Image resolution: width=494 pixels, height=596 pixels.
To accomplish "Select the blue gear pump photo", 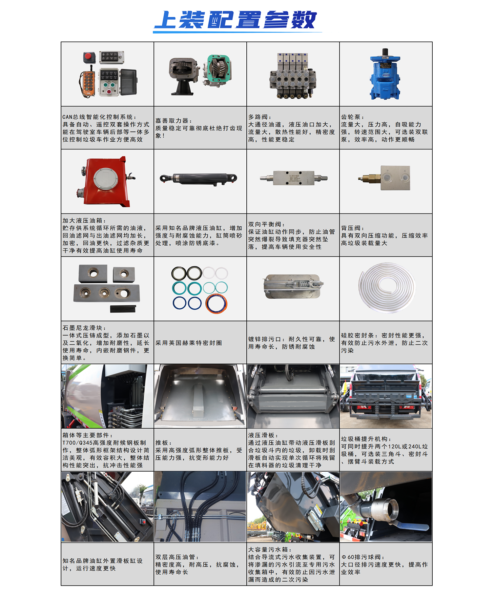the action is tap(385, 74).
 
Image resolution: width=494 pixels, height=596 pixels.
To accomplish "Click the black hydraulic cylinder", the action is tap(198, 179).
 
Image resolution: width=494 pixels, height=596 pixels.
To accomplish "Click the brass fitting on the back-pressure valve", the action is tap(369, 178).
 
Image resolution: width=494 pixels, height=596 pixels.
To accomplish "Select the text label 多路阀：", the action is tap(260, 117).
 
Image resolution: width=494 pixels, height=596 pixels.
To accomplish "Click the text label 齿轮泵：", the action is tap(353, 117).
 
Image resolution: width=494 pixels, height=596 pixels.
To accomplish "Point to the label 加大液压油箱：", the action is tap(84, 221).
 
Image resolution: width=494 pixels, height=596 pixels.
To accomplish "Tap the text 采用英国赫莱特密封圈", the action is tap(189, 343).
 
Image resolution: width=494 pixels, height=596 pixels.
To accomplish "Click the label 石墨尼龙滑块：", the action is tap(84, 328).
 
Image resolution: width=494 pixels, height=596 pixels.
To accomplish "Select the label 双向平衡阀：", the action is tap(267, 224).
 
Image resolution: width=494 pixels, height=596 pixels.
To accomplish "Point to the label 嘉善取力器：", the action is tap(174, 121).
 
